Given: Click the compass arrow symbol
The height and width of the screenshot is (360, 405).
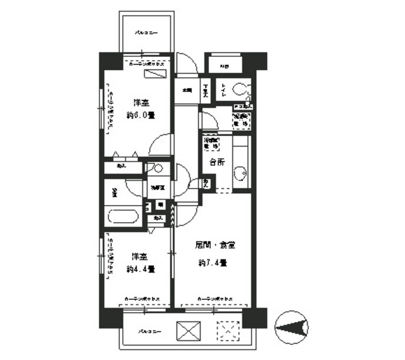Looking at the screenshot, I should [x=294, y=326].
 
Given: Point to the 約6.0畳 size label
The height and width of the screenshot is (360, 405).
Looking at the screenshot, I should [x=140, y=115].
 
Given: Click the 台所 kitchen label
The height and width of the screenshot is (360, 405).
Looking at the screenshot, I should [x=217, y=162].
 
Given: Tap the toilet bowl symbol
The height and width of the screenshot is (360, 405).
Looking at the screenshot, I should [x=242, y=89].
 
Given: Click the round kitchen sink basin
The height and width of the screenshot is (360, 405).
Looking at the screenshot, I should [x=241, y=171].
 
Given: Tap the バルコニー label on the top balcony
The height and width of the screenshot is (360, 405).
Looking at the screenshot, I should [x=145, y=32].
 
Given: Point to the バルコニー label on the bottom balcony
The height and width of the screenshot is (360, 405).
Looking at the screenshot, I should [x=146, y=331].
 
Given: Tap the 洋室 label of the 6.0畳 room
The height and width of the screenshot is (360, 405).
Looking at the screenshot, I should [x=140, y=102].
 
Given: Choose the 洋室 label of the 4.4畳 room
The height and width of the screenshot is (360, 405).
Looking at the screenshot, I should [x=140, y=257].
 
